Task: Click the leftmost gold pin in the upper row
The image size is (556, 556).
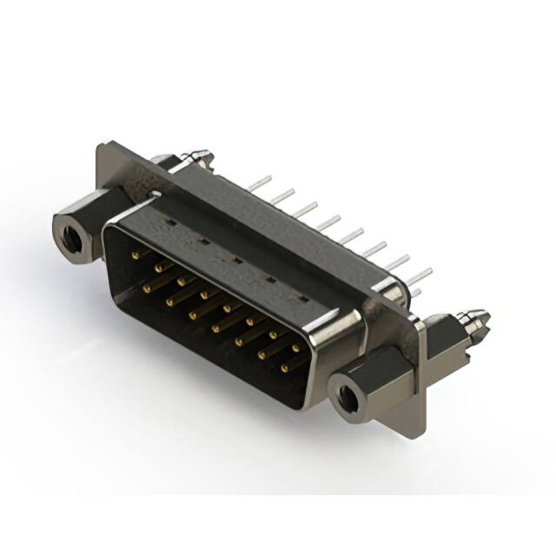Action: click(x=135, y=255)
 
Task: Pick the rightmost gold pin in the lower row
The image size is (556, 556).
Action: click(x=284, y=367)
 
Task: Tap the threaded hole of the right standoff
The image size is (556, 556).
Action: click(x=347, y=395)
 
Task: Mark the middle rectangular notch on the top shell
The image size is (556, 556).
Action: click(x=235, y=259)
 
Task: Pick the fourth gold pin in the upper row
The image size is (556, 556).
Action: click(x=205, y=295)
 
